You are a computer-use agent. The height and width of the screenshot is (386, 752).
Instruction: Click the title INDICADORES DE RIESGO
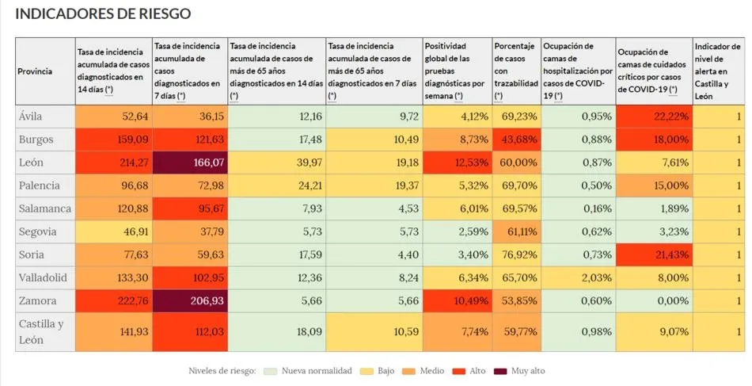103,14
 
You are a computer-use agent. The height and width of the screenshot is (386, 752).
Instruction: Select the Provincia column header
35,71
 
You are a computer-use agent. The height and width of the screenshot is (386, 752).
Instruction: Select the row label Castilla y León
41,331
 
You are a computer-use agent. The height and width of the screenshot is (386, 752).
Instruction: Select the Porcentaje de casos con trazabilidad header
515,71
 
